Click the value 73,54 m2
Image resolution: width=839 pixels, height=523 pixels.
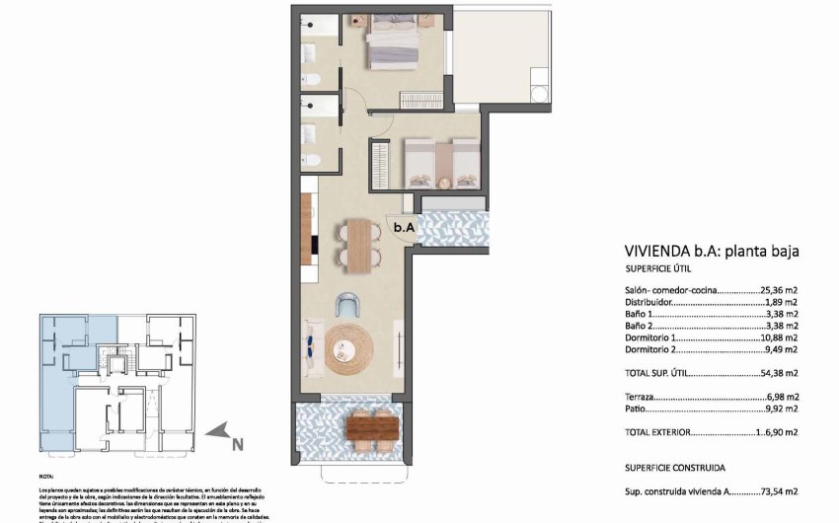pos(779,490)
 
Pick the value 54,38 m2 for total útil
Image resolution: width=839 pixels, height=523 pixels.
pos(779,374)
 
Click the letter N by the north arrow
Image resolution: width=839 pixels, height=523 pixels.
pos(236,444)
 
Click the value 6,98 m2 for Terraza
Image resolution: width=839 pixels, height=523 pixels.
pos(782,396)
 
